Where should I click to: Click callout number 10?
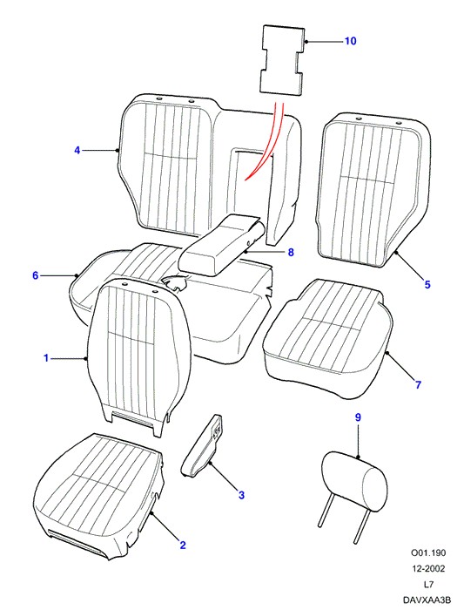click(x=351, y=41)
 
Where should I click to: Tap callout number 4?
click(x=77, y=150)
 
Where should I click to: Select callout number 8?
click(x=291, y=252)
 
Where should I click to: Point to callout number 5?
click(x=427, y=284)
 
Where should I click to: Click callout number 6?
click(x=36, y=275)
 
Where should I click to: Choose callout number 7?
click(x=418, y=385)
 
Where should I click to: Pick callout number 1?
click(x=46, y=358)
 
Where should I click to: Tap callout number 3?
click(x=241, y=495)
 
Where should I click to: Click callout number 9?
click(x=358, y=417)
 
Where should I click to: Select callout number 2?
click(x=183, y=545)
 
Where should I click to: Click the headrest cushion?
click(x=354, y=479)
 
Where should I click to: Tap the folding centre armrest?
click(x=221, y=244)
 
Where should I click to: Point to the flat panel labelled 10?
click(x=282, y=60)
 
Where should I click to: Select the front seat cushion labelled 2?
click(x=99, y=497)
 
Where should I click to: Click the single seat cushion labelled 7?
click(x=328, y=338)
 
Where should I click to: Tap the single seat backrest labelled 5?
click(x=373, y=191)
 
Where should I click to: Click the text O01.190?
click(x=428, y=552)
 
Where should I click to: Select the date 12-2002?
click(x=428, y=568)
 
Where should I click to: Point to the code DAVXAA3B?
click(x=427, y=600)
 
